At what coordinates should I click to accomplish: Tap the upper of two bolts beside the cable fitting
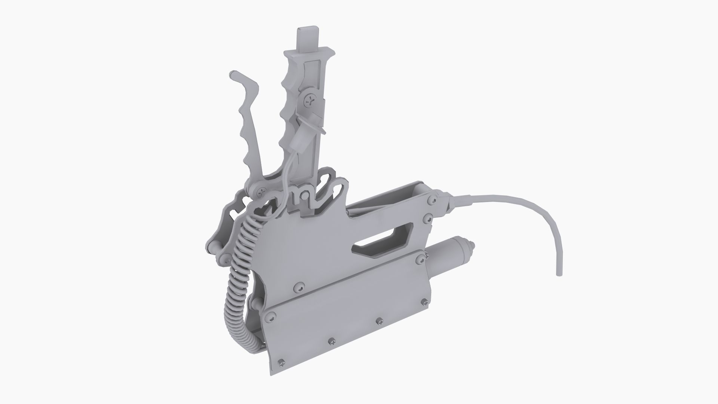[433, 201]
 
